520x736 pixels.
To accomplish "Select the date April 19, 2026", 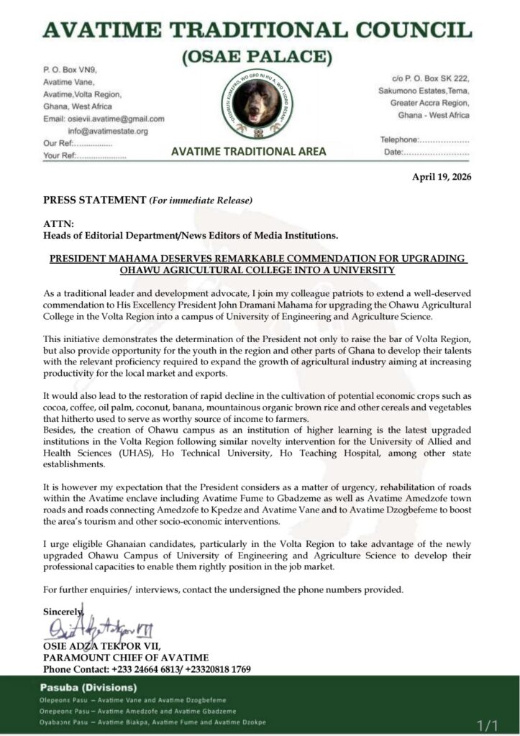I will tap(441, 176).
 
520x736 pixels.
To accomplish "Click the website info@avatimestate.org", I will tap(108, 131).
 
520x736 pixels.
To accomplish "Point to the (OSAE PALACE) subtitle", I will tap(260, 55).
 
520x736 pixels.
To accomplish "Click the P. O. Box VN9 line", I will tap(70, 69).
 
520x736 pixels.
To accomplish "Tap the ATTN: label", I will tap(58, 224).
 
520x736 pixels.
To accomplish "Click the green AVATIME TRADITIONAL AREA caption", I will tap(248, 152).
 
